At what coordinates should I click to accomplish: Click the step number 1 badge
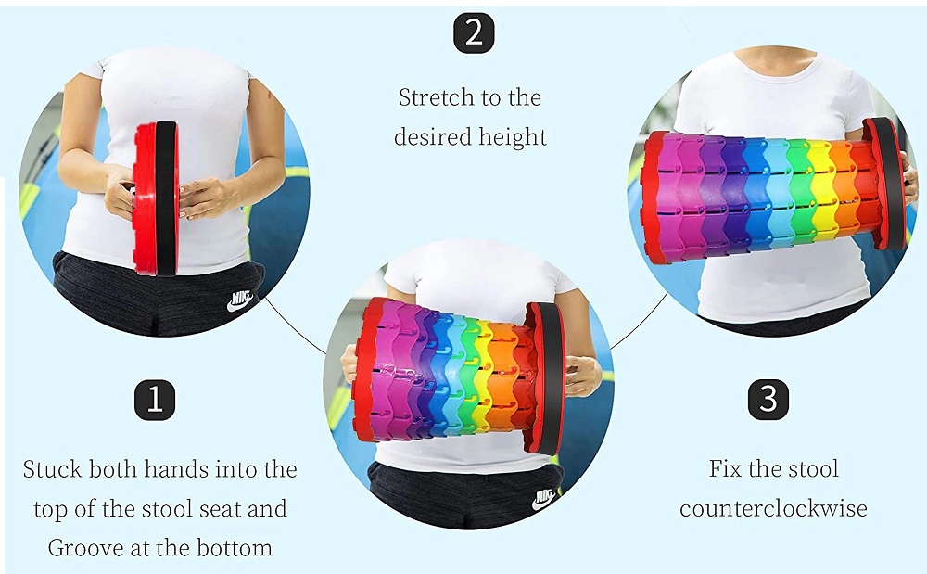point(155,401)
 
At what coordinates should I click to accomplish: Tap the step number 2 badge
point(474,32)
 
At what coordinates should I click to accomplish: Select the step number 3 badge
point(768,400)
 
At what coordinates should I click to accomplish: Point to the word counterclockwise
point(773,508)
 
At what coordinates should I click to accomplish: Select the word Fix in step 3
point(725,469)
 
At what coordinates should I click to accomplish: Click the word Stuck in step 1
point(52,469)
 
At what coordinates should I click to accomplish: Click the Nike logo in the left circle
point(241,300)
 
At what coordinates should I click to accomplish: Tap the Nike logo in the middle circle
point(545,499)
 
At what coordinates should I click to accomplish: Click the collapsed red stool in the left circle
point(156,198)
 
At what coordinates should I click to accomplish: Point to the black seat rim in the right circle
point(890,184)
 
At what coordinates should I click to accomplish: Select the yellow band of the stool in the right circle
point(822,194)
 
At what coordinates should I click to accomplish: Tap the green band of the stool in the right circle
point(799,194)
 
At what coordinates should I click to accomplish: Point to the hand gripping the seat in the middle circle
point(581,376)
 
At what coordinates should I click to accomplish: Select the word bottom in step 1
point(235,548)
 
